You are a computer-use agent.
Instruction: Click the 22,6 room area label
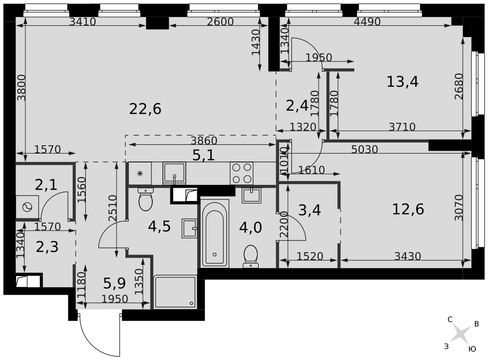(x=145, y=109)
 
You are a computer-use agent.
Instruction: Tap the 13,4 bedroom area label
(x=403, y=81)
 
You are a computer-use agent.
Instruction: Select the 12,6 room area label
(x=407, y=209)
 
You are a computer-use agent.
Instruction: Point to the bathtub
(x=215, y=233)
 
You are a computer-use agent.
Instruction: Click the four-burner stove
(x=242, y=173)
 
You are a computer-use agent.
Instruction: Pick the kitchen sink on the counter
(x=174, y=173)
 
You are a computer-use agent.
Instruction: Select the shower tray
(x=175, y=292)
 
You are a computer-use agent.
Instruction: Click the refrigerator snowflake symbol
(x=140, y=173)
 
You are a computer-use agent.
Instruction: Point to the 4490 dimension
(x=367, y=21)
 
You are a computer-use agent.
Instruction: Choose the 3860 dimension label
(x=204, y=140)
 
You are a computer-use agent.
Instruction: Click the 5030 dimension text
(x=365, y=149)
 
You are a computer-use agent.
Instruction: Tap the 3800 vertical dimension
(x=21, y=87)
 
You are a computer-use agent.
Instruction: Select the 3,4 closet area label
(x=309, y=210)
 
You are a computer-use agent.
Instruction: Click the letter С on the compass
(x=450, y=319)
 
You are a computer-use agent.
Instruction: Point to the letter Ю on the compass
(x=472, y=349)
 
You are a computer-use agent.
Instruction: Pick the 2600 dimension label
(x=220, y=21)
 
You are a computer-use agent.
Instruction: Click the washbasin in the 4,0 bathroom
(x=251, y=196)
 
